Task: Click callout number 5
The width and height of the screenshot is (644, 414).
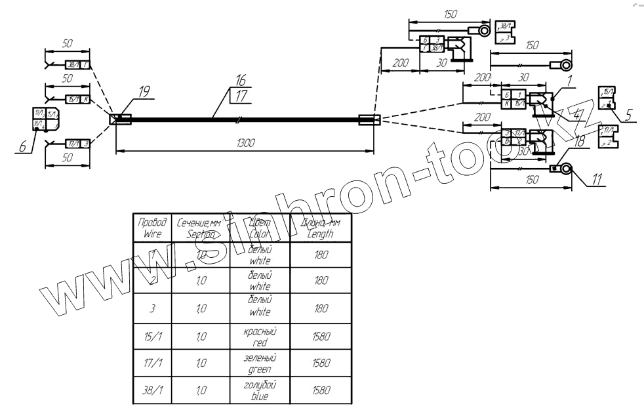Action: (627, 114)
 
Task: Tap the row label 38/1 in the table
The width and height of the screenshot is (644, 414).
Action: (153, 392)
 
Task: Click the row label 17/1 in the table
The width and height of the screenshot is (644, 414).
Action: (153, 364)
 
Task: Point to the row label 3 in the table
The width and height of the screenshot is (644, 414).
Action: (151, 308)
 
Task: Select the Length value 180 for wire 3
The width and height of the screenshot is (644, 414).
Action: (321, 308)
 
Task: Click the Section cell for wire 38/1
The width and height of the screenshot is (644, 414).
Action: (203, 392)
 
